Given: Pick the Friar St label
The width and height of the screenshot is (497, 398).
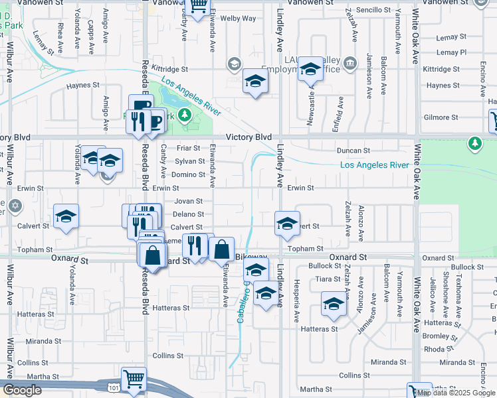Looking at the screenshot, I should coord(188,148).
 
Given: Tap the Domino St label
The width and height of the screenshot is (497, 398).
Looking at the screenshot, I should coord(189,174).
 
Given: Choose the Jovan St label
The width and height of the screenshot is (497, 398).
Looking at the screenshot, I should coord(188,201).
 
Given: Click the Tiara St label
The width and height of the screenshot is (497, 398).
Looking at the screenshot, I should coord(328,279).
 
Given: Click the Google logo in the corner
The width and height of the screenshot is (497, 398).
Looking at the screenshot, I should coord(23,389).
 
